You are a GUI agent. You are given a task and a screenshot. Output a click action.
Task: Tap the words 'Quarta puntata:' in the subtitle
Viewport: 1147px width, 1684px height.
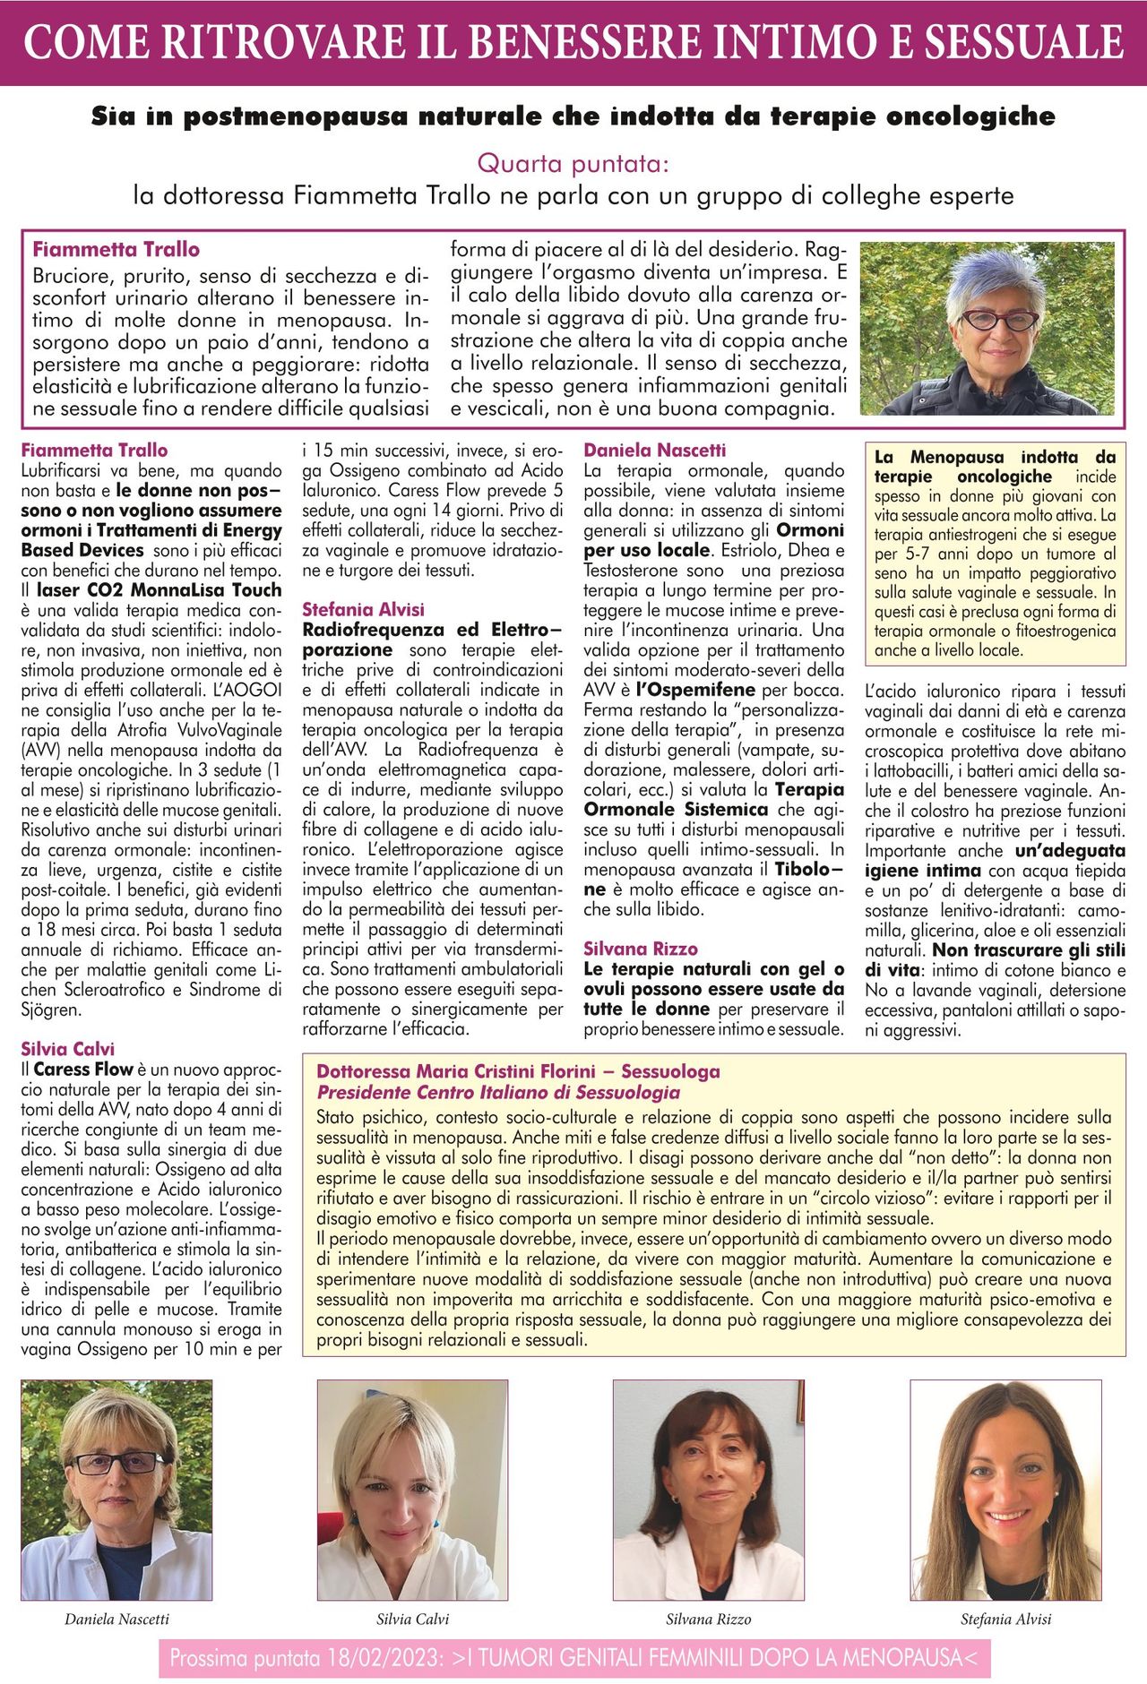pyautogui.click(x=573, y=164)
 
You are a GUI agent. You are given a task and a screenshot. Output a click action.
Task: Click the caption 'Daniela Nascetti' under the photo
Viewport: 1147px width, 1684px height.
pyautogui.click(x=116, y=1619)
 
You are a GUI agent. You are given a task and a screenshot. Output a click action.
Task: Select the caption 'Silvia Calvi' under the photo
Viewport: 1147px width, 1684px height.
pyautogui.click(x=412, y=1619)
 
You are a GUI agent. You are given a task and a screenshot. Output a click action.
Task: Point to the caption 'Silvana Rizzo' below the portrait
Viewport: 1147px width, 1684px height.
pyautogui.click(x=708, y=1619)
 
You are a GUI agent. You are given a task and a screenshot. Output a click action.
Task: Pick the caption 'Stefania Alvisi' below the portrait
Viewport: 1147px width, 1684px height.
pyautogui.click(x=1005, y=1619)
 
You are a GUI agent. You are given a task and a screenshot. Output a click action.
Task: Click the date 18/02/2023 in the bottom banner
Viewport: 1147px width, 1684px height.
pyautogui.click(x=389, y=1658)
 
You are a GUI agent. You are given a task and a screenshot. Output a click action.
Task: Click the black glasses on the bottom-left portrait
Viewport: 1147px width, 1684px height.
pyautogui.click(x=116, y=1463)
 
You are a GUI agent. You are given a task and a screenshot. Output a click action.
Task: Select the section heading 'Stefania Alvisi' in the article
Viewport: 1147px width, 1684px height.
pyautogui.click(x=363, y=609)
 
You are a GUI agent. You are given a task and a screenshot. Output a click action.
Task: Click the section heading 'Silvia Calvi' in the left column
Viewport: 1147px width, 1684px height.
pyautogui.click(x=68, y=1049)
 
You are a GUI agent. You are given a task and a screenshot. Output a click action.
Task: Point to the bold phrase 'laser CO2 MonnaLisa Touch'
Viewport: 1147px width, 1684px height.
pyautogui.click(x=159, y=590)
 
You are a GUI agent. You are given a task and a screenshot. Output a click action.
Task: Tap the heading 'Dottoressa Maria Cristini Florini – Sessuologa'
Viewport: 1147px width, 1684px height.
pyautogui.click(x=518, y=1071)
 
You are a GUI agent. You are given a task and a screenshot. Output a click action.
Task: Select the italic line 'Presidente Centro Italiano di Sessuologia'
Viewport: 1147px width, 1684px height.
pyautogui.click(x=498, y=1092)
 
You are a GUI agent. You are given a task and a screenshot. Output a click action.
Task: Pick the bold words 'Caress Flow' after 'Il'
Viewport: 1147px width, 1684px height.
pyautogui.click(x=83, y=1069)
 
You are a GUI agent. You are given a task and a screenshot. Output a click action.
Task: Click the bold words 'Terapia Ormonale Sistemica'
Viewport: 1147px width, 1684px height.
pyautogui.click(x=714, y=800)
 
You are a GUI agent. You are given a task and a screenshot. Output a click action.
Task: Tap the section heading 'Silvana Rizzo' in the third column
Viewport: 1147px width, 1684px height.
pyautogui.click(x=640, y=949)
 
